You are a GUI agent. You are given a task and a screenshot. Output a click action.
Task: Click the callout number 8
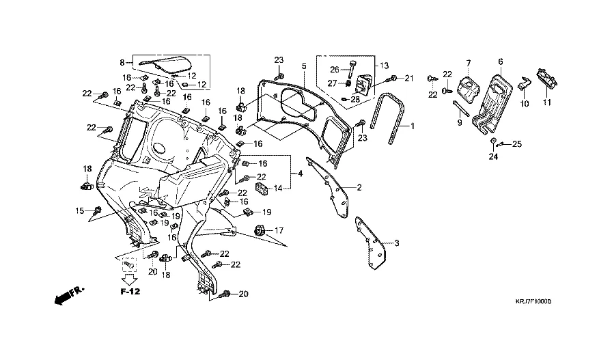(x=122, y=62)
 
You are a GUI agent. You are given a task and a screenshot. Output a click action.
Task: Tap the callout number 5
(x=304, y=66)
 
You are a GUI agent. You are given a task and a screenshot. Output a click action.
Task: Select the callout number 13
(x=384, y=66)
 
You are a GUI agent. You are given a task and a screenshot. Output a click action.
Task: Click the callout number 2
(x=359, y=187)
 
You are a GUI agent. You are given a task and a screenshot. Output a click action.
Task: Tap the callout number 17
(x=279, y=231)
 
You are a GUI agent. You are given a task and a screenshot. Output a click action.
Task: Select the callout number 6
(x=501, y=62)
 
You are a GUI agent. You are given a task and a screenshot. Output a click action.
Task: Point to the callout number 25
(x=517, y=143)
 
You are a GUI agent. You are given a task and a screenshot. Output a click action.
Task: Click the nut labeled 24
(x=492, y=141)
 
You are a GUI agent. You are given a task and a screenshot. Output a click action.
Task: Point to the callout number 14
(x=279, y=188)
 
